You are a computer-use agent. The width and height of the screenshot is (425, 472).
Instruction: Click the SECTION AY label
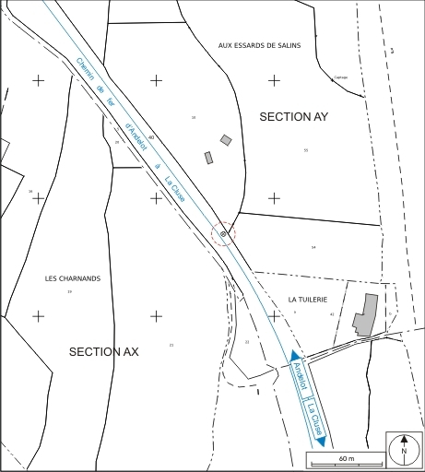click(x=293, y=117)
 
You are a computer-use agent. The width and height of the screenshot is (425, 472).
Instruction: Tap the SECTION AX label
click(x=103, y=351)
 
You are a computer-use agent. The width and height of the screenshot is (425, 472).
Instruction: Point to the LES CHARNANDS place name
click(x=72, y=277)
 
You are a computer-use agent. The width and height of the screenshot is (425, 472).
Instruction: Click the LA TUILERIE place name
click(x=308, y=300)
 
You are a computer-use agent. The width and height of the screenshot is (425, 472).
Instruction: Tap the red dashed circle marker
click(x=223, y=234)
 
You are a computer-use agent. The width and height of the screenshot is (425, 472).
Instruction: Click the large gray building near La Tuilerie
click(x=366, y=315)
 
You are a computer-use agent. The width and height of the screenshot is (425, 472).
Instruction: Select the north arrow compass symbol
click(x=403, y=450)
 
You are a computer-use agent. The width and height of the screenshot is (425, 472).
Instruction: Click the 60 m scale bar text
click(x=347, y=458)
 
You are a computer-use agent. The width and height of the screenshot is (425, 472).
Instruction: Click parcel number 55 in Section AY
click(x=305, y=150)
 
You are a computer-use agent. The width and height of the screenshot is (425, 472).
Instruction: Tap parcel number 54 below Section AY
click(x=313, y=247)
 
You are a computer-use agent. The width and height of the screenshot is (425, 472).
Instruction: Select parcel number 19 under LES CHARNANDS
click(x=69, y=291)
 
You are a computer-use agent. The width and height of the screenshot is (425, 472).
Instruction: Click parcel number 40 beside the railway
click(x=150, y=137)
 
